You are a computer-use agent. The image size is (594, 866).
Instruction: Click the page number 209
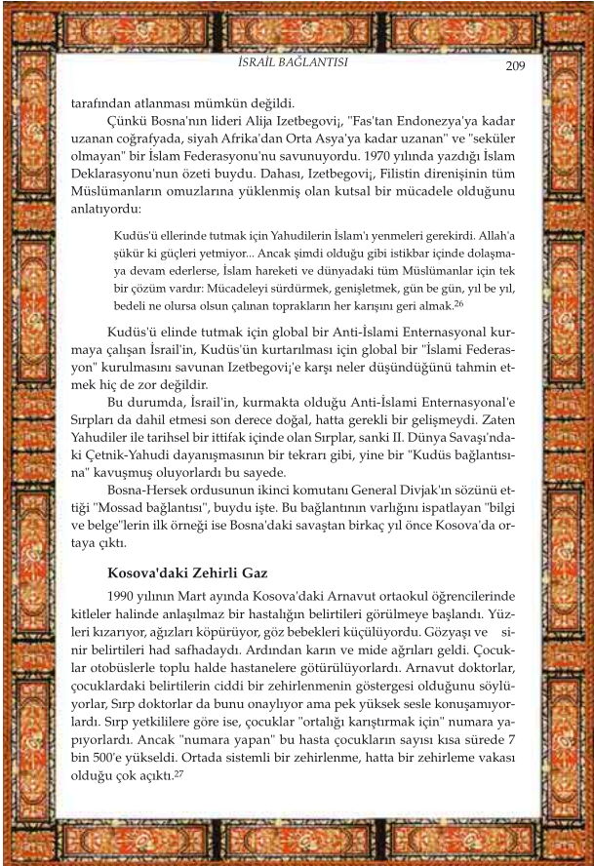pos(516,65)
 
